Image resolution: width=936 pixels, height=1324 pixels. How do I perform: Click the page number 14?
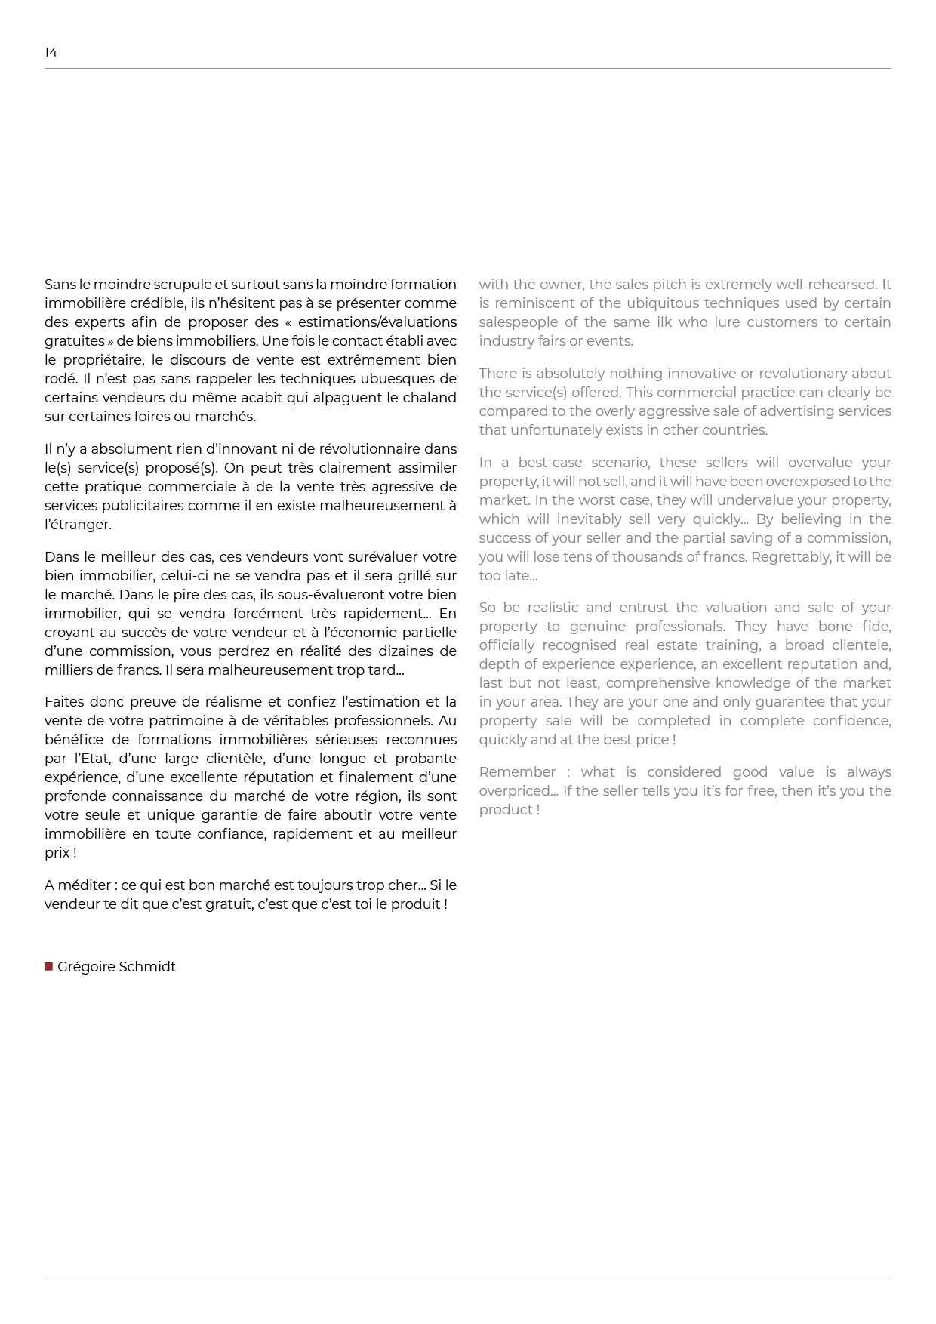pos(51,52)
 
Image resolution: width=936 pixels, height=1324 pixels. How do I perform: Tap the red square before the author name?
pos(48,966)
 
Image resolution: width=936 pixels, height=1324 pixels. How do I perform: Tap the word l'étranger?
pos(78,525)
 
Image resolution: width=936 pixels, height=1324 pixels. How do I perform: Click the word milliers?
pos(69,670)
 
